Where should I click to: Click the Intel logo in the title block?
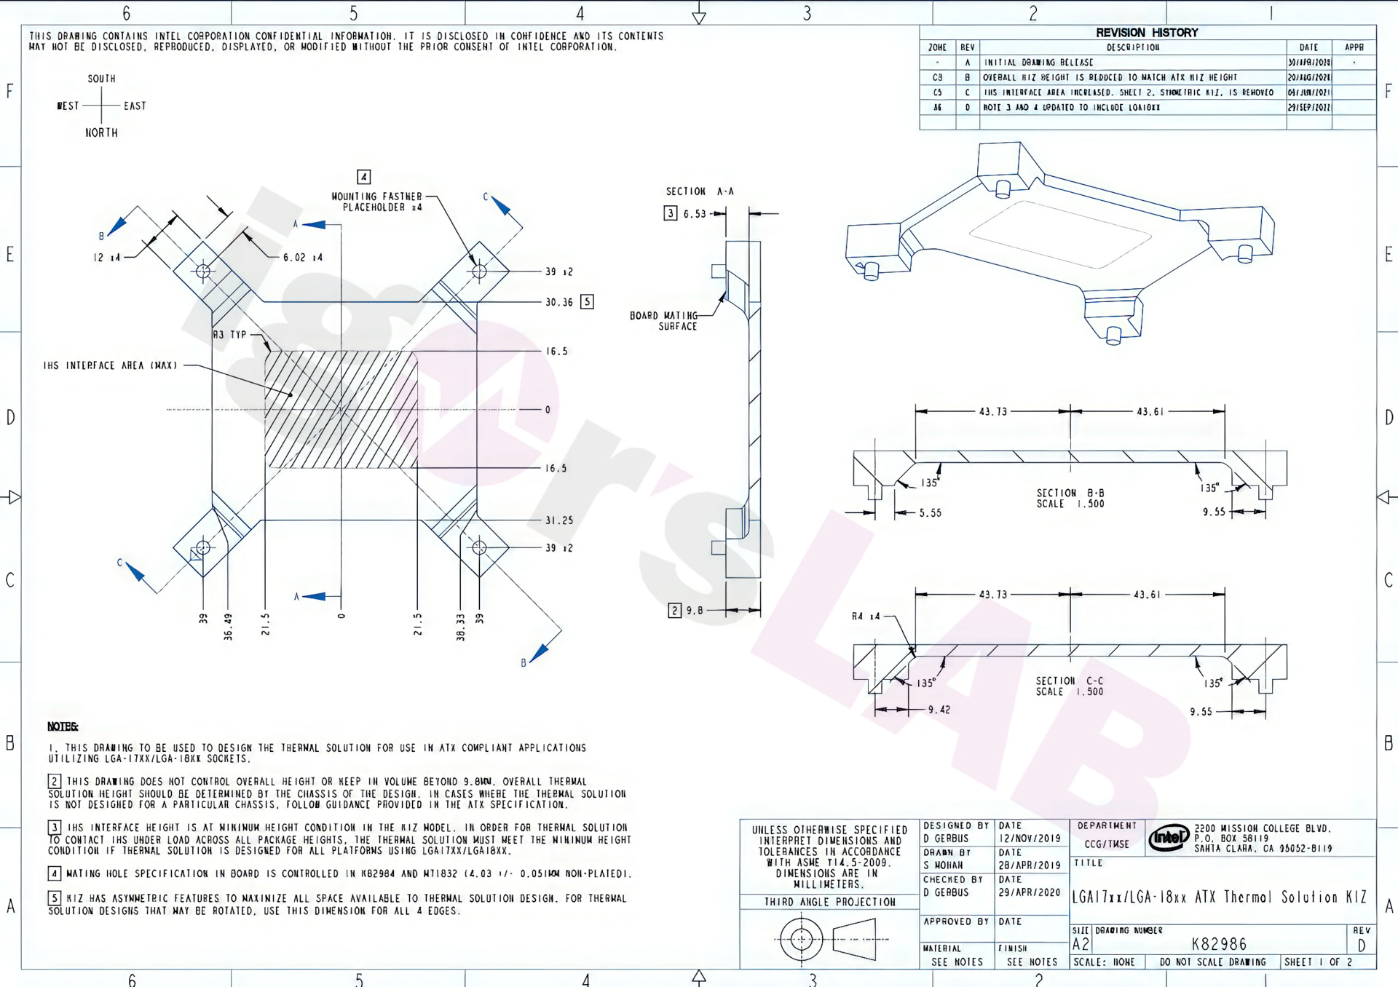pos(1169,839)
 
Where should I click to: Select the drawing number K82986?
pos(1219,944)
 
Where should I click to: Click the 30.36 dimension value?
pos(559,302)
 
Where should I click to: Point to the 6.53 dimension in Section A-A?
pos(695,214)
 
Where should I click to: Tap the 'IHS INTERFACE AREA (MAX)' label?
pos(110,365)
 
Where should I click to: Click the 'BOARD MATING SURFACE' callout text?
pos(663,321)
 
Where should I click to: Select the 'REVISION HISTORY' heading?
pos(1147,33)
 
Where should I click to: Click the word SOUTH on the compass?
pos(101,79)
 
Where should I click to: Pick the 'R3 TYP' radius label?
pos(230,335)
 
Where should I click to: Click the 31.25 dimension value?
pos(559,520)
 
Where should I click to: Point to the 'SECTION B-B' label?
pos(1070,493)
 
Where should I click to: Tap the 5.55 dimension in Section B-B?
pos(930,513)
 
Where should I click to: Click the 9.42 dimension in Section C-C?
pos(939,710)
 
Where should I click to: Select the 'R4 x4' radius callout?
pos(866,617)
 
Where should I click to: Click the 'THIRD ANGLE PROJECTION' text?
pos(829,902)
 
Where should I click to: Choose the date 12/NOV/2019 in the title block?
pos(1030,839)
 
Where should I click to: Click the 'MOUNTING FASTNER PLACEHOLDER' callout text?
pos(376,202)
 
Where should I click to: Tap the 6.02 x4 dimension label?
pos(303,258)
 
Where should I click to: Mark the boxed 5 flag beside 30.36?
pos(587,302)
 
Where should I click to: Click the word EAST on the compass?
pos(135,106)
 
